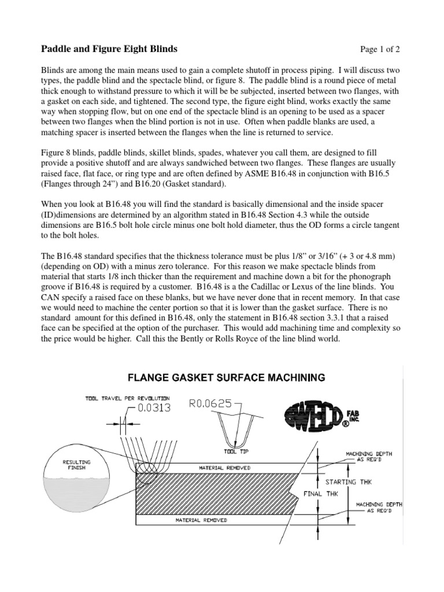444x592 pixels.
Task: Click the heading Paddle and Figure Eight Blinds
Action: (x=109, y=49)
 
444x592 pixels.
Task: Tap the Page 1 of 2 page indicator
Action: (x=375, y=49)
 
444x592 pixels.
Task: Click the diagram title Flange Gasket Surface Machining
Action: (x=225, y=378)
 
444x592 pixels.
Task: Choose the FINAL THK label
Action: (x=321, y=494)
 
